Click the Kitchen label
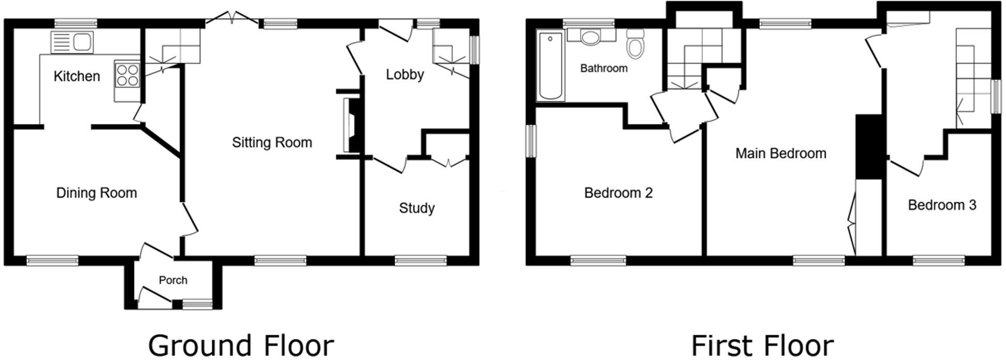[77, 77]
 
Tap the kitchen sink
[72, 42]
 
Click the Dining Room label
[96, 193]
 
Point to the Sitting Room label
[272, 142]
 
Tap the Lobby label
[405, 74]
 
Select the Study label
[417, 208]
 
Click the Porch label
[173, 280]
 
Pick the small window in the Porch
[198, 305]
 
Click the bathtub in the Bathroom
[551, 66]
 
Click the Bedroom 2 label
[618, 193]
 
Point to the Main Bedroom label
[780, 153]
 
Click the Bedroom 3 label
[942, 205]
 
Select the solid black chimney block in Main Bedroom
[869, 147]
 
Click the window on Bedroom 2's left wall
[531, 140]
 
